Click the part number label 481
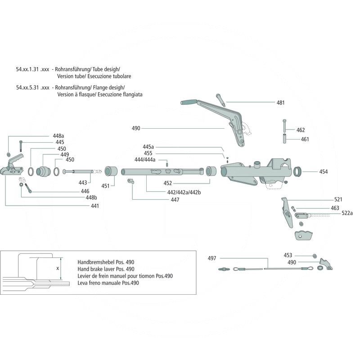[280, 103]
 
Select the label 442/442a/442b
[181, 192]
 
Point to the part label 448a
[58, 135]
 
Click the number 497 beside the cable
[212, 258]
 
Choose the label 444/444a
[145, 160]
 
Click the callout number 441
[94, 206]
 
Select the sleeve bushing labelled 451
[111, 171]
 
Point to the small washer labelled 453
[313, 256]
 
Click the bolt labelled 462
[284, 125]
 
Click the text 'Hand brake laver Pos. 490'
[105, 269]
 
